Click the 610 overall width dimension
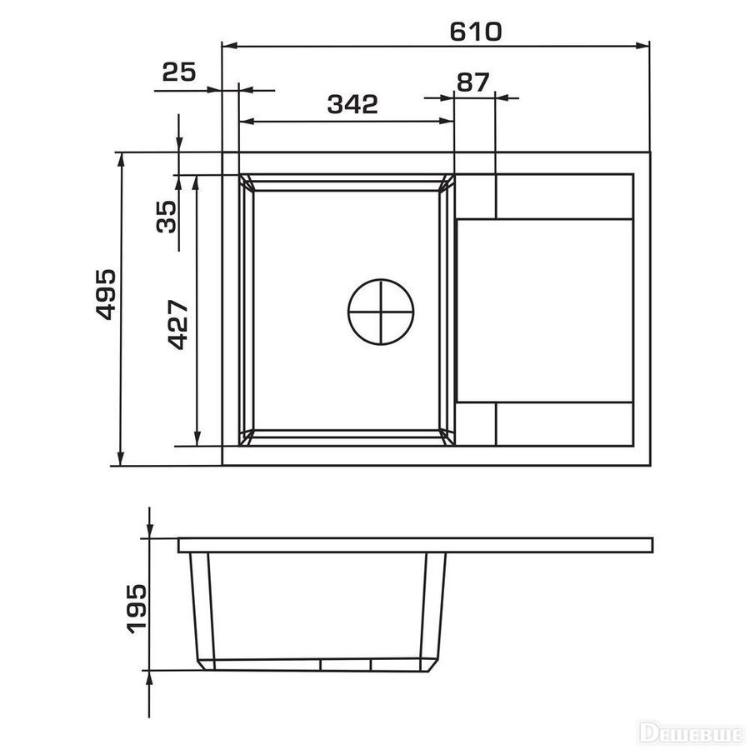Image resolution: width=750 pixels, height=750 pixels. tap(476, 32)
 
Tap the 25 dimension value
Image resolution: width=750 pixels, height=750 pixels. tap(179, 72)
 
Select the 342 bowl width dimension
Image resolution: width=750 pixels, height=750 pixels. tap(352, 104)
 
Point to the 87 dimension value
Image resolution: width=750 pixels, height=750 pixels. tap(472, 82)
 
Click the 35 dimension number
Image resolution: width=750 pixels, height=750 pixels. tap(167, 217)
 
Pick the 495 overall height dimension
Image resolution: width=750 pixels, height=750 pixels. tap(106, 294)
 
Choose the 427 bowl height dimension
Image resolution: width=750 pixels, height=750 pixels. tap(178, 325)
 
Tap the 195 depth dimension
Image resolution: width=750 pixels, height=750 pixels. tap(137, 609)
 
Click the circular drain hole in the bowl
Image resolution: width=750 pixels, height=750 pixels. tap(381, 312)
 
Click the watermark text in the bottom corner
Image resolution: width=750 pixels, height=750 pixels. tap(693, 732)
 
